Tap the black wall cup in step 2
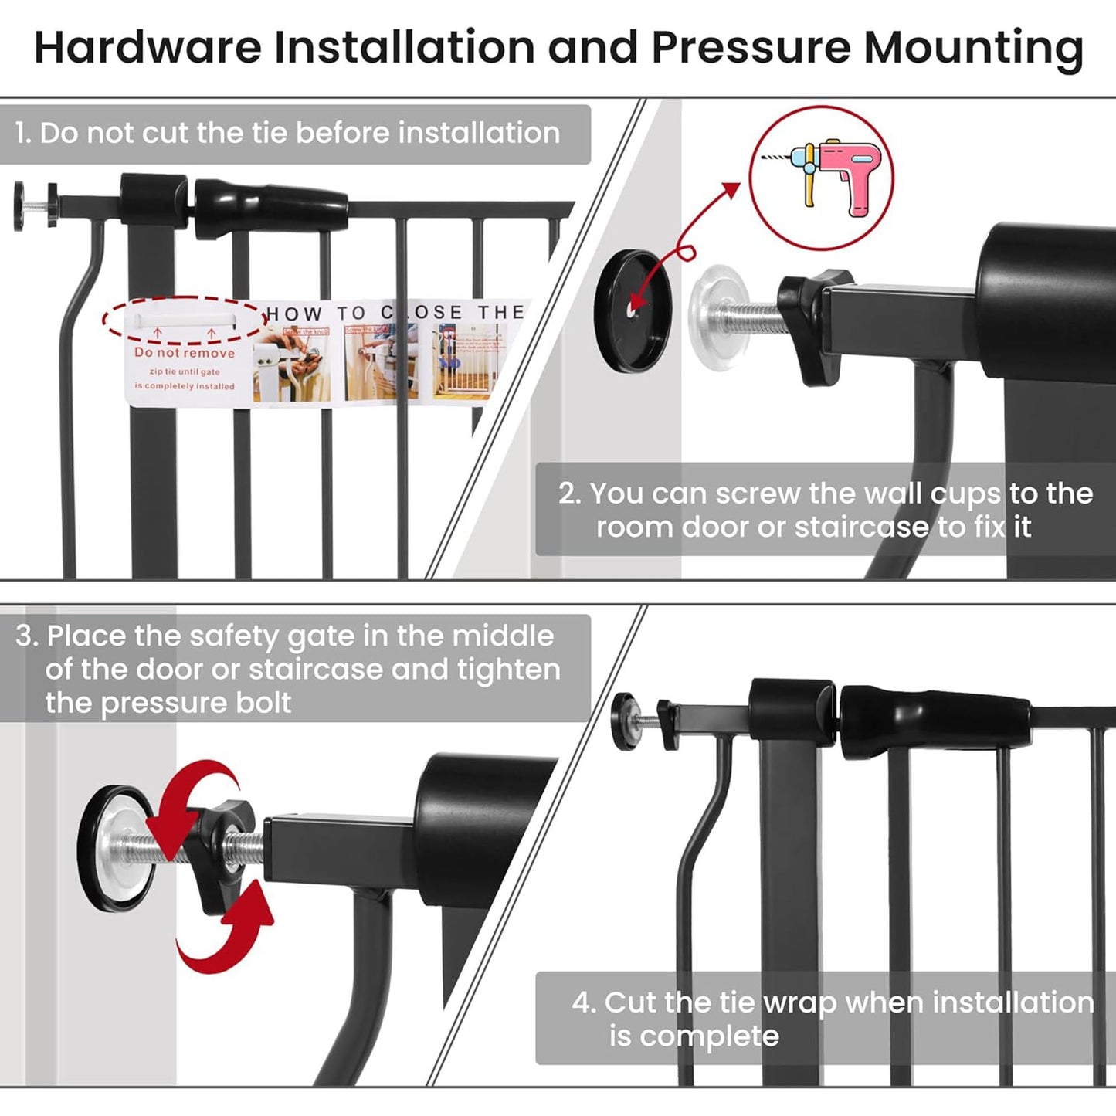[633, 311]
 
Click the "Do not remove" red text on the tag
[184, 353]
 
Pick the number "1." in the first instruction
[23, 134]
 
